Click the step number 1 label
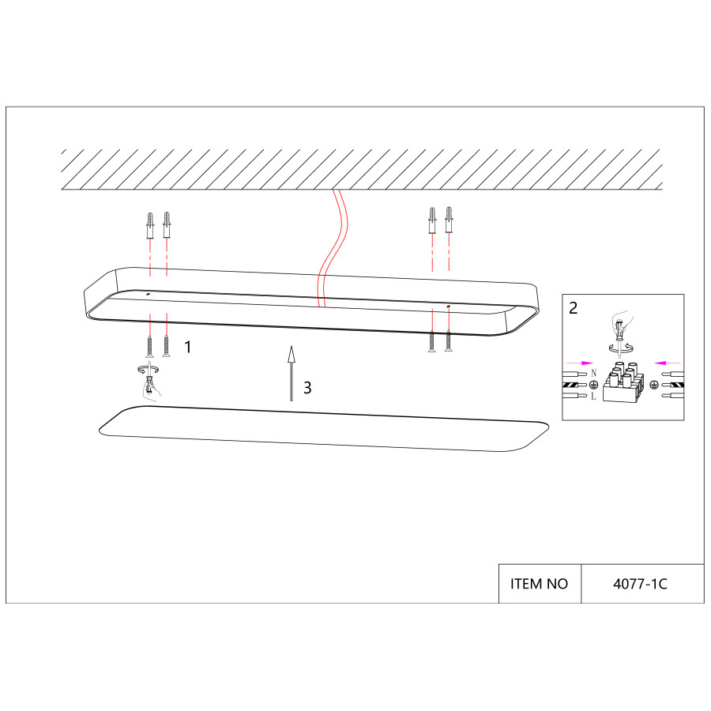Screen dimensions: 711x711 188,347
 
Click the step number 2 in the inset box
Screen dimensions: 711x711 574,308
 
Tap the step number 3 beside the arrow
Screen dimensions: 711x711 307,388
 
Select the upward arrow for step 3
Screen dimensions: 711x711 291,373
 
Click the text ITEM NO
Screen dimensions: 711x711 539,584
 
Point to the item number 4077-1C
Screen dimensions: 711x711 640,584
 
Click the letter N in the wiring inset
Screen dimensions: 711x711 593,373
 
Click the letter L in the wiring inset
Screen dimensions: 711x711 593,397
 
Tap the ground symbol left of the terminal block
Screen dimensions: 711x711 592,385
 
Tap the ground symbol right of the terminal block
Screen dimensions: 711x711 653,385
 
